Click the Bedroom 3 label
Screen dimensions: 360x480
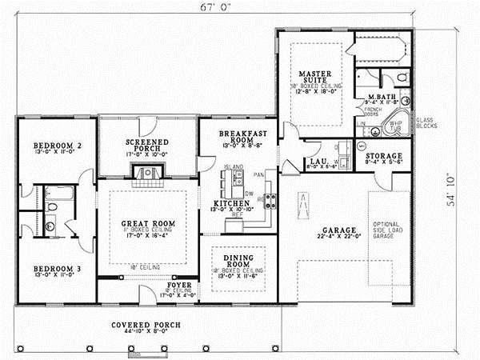pyautogui.click(x=53, y=270)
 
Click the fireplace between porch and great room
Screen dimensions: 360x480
pyautogui.click(x=147, y=169)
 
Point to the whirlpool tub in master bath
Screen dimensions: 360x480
pyautogui.click(x=395, y=123)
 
